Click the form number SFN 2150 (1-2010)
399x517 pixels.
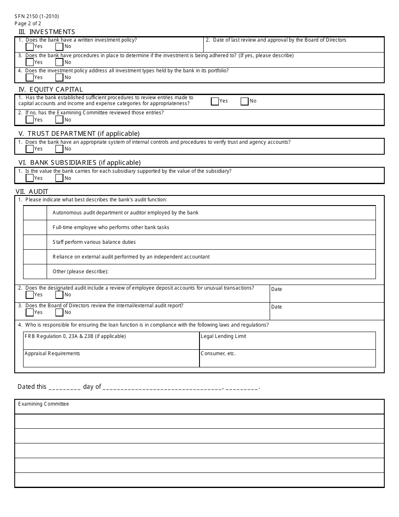37,16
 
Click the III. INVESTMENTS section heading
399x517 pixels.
47,32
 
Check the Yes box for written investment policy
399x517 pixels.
30,47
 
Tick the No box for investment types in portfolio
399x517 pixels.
59,77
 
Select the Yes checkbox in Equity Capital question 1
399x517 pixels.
215,101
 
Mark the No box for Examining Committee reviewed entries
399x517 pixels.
59,120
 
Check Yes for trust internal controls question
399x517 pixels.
30,149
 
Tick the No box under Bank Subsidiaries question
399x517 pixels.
59,178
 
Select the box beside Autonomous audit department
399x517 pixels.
35,213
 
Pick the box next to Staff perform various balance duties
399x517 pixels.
35,242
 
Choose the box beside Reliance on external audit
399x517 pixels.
35,257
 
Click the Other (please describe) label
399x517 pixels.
81,272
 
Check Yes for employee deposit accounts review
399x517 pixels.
30,295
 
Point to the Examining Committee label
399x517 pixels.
43,404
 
